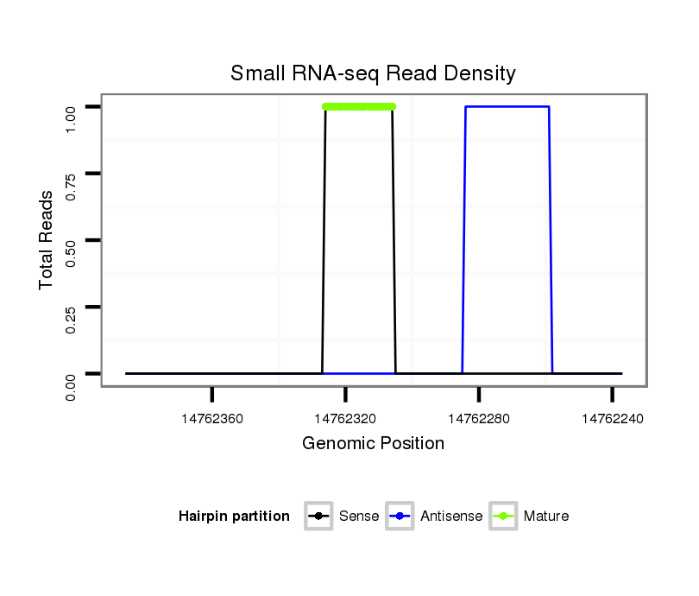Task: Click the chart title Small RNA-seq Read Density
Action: pyautogui.click(x=373, y=73)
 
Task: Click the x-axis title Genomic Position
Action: pyautogui.click(x=373, y=444)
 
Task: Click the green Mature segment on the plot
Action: pyautogui.click(x=359, y=106)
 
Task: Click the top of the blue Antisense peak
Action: pyautogui.click(x=507, y=106)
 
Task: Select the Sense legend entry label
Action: pyautogui.click(x=359, y=517)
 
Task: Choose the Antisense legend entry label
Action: pyautogui.click(x=451, y=517)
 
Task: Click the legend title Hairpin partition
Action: pyautogui.click(x=234, y=517)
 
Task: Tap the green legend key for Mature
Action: pyautogui.click(x=503, y=517)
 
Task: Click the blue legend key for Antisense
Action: pyautogui.click(x=400, y=517)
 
